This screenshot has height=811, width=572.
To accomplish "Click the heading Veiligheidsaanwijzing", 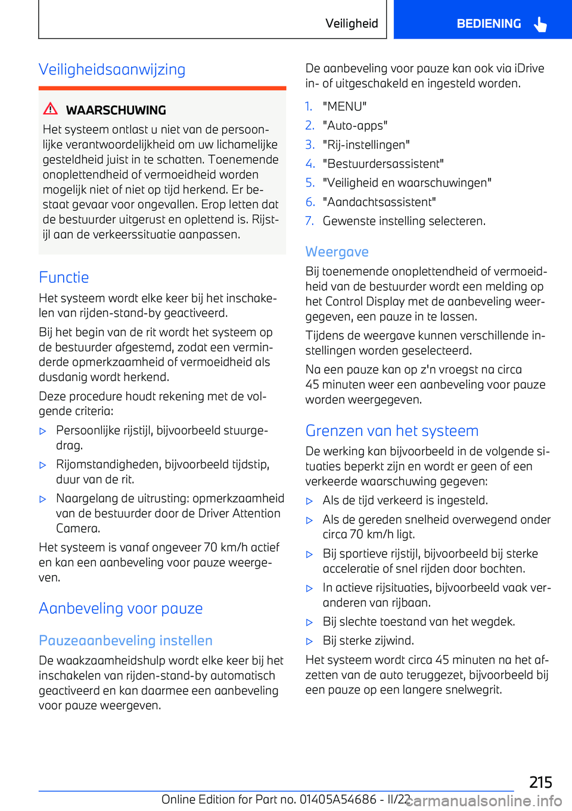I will coord(112,70).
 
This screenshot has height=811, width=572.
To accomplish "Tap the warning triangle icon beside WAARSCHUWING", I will coord(51,109).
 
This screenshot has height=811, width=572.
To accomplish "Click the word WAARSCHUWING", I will coord(116,110).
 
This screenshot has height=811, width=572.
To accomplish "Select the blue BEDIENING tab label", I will coord(489,24).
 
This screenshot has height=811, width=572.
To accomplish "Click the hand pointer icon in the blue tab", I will coord(540,24).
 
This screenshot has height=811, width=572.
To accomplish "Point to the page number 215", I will coord(540,782).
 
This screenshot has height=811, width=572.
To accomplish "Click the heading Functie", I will coord(64,277).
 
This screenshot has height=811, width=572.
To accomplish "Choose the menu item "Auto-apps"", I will coord(355,126).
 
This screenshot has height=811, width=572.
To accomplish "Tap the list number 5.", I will coord(310,183).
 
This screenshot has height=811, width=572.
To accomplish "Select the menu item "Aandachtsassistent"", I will coord(379,202).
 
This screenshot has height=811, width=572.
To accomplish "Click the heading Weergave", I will coord(337,252).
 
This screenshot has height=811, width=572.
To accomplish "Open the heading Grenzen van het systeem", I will coord(392,431).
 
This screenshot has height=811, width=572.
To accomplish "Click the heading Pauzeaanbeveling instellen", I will coord(126,641).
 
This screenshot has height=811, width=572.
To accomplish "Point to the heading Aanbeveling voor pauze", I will coord(121,609).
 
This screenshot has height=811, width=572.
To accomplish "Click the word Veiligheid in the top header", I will coord(352,24).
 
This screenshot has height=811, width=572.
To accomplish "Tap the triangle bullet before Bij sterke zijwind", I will coord(309,641).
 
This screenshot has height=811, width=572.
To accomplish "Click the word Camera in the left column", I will coord(77,528).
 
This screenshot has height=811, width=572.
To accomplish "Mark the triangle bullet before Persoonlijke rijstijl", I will coord(43,431).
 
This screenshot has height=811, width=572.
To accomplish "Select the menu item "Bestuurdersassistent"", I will coord(383,164).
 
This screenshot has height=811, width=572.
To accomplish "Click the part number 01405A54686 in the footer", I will coord(338,799).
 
